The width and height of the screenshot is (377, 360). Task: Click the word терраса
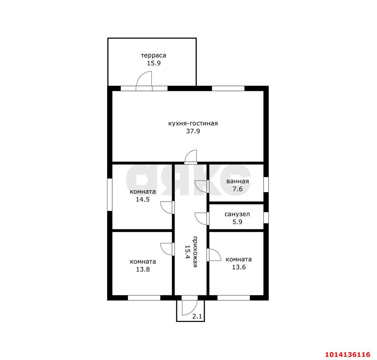153,56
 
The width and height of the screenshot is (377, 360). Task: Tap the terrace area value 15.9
154,63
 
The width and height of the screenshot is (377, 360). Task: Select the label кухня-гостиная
193,123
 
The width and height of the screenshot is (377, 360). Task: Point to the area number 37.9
193,131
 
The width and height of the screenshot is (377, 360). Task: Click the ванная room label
237,181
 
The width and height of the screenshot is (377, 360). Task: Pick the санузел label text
237,214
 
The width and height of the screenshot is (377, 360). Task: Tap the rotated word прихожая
195,252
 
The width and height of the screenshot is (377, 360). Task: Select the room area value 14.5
143,200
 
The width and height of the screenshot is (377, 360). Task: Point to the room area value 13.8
143,269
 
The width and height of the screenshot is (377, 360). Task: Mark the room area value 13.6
239,267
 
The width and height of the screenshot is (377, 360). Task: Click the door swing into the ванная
201,186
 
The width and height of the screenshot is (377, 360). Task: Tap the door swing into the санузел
201,219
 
